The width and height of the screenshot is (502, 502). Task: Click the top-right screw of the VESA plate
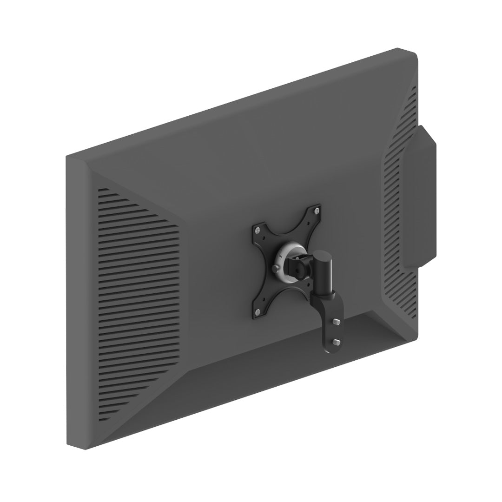(317, 211)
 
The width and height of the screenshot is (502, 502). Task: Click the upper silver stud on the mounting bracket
(337, 322)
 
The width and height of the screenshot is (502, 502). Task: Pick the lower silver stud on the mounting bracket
(337, 341)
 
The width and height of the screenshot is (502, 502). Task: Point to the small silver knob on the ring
(277, 270)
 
